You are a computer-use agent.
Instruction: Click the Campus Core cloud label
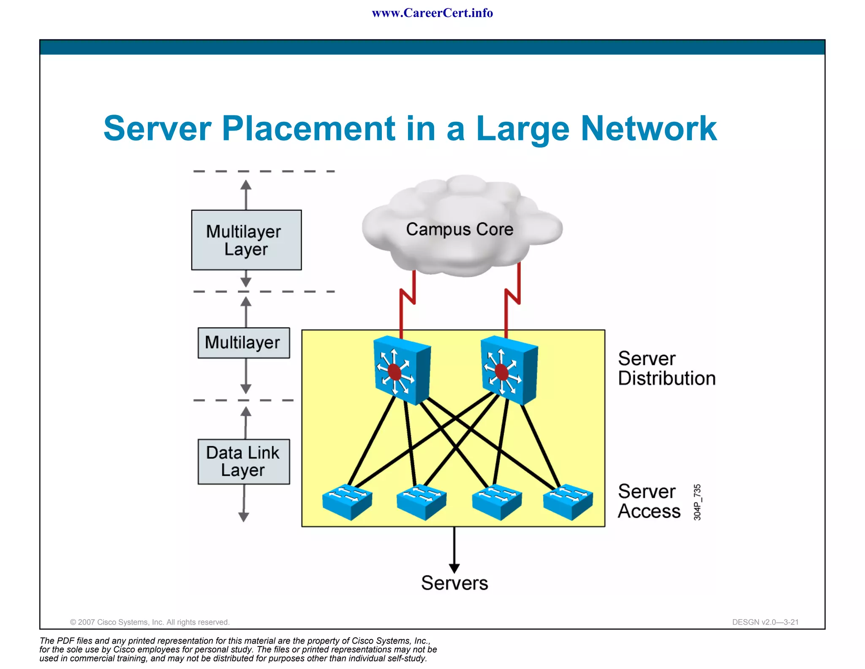[x=460, y=229]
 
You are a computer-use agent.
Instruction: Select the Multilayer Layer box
[x=246, y=240]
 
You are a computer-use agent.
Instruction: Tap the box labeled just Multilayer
[x=244, y=343]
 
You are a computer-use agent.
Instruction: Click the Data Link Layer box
[x=244, y=461]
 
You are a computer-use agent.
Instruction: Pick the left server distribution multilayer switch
[x=402, y=370]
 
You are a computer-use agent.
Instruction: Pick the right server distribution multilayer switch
[x=509, y=370]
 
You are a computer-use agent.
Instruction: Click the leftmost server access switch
[x=347, y=502]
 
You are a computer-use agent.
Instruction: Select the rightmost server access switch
[x=568, y=502]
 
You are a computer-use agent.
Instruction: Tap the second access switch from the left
[x=422, y=502]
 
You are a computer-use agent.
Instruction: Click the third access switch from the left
[x=497, y=502]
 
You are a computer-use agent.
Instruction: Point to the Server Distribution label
[x=666, y=368]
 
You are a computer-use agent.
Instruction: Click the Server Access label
[x=649, y=502]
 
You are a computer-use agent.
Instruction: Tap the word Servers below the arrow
[x=454, y=583]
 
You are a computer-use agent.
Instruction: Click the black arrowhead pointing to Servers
[x=454, y=568]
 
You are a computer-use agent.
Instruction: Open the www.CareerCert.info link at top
[x=432, y=13]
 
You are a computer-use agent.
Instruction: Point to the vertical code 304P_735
[x=697, y=502]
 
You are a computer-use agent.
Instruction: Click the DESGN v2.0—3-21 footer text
[x=765, y=622]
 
